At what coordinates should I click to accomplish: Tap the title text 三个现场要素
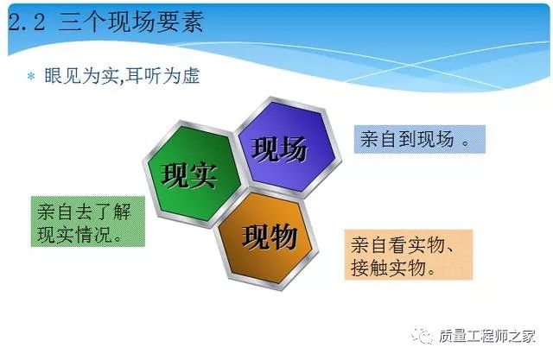tap(130, 22)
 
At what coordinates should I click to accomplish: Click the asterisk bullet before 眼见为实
tap(31, 76)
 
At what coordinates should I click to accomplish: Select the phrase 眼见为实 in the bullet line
tap(81, 76)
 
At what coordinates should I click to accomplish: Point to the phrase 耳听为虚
tap(162, 76)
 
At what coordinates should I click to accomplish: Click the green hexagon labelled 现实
tap(192, 174)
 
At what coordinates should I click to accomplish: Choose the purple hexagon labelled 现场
tap(288, 148)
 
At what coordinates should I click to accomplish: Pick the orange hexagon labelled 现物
tap(267, 240)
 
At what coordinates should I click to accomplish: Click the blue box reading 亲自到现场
tap(420, 139)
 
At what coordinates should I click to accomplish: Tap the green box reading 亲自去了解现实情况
tap(88, 222)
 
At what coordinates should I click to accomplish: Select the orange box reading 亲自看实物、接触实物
tap(409, 255)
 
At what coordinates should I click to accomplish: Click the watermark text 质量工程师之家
tap(487, 336)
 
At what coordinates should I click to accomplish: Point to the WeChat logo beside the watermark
tap(423, 336)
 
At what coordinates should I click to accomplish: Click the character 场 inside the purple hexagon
tap(294, 149)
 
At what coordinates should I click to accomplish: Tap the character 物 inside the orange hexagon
tap(283, 237)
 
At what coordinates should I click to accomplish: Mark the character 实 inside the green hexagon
tap(202, 175)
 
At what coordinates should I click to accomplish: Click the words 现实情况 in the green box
tap(75, 234)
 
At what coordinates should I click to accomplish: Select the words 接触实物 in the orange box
tap(388, 268)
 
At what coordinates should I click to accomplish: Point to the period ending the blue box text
tap(466, 142)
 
